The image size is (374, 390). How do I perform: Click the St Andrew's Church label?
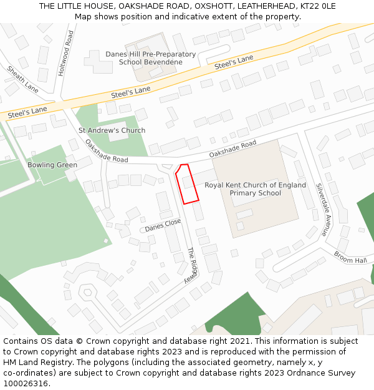(112, 130)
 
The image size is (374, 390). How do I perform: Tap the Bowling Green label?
(52, 165)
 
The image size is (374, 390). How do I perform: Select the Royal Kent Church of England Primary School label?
(256, 189)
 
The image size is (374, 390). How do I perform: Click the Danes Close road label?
(163, 225)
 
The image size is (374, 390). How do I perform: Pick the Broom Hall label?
(350, 257)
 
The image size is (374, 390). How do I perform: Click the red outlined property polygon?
(187, 185)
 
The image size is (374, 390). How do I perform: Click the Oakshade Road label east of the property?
(233, 149)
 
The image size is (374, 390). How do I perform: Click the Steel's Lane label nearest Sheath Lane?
(27, 112)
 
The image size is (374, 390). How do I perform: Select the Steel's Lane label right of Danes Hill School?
(234, 62)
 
